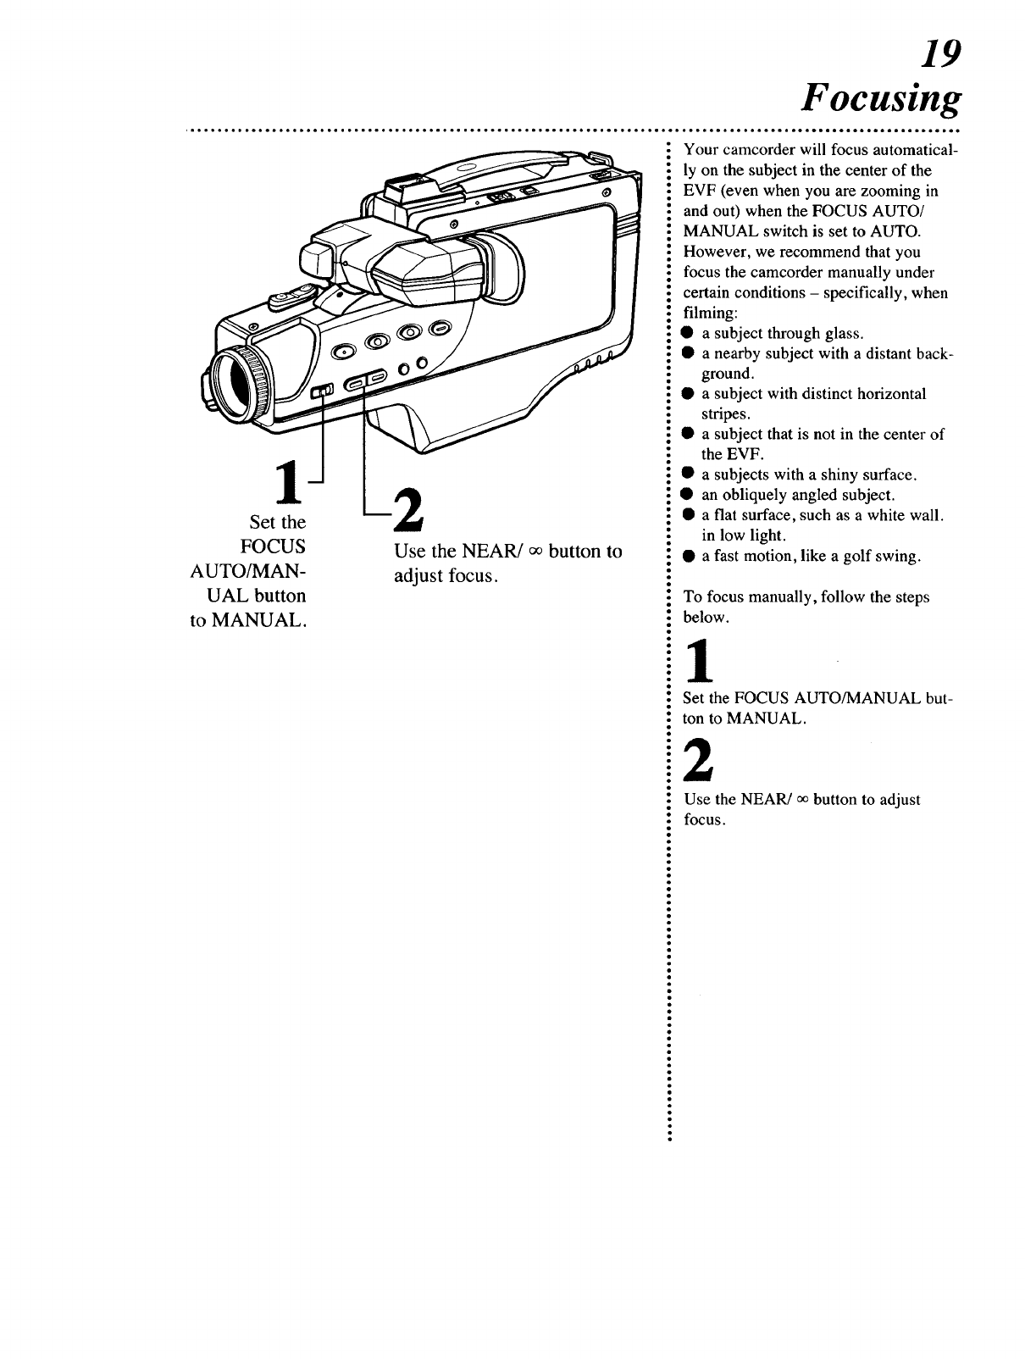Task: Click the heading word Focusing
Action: (x=882, y=100)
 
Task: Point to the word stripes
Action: (x=724, y=414)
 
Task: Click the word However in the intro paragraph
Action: (x=717, y=252)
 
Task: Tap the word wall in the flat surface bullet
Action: (x=927, y=515)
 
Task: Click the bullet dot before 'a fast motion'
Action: (x=690, y=557)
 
